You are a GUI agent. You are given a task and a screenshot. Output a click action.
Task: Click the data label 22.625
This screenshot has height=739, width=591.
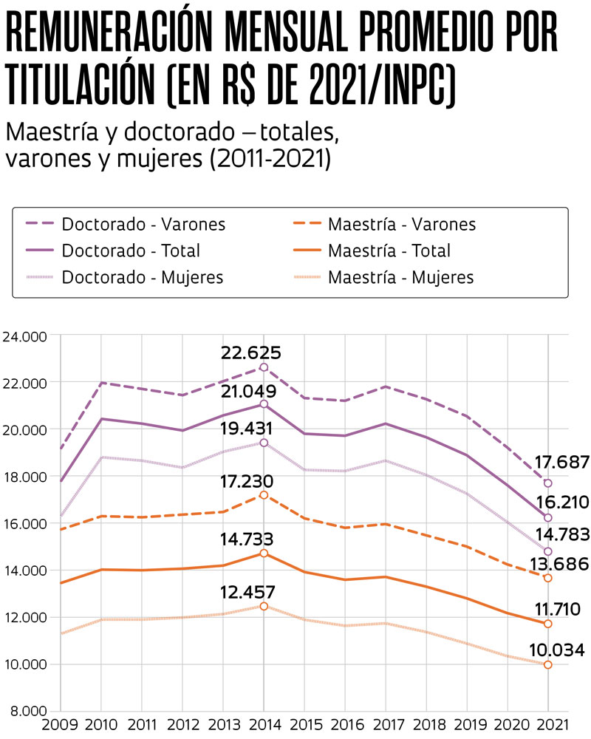251,352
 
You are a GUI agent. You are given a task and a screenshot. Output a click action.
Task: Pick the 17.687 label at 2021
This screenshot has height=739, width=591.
559,463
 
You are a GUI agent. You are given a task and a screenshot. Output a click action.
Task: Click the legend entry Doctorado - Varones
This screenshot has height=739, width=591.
143,223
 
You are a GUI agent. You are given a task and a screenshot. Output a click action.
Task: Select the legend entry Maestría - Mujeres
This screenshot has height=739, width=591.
401,278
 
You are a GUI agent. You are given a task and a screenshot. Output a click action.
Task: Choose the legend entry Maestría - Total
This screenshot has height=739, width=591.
389,251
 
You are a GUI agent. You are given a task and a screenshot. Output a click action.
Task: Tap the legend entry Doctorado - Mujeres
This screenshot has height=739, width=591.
143,278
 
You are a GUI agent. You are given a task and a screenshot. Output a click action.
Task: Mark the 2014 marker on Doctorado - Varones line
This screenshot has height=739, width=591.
264,367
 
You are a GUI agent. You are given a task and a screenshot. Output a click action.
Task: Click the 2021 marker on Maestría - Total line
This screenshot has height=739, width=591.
548,624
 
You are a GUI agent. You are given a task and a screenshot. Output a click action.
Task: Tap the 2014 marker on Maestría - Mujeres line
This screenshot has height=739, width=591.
264,607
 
